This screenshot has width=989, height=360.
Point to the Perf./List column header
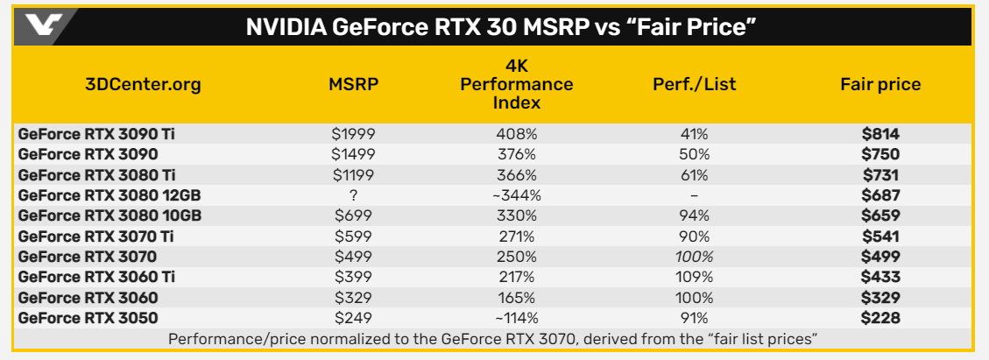coord(695,85)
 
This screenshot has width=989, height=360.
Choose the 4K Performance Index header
coord(517,85)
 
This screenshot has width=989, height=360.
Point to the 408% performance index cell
coord(517,134)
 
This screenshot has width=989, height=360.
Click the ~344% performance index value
coord(517,195)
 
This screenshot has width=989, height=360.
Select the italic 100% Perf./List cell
coord(694,257)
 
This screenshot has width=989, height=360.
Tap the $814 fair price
coord(880,134)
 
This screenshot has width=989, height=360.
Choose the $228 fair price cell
coord(880,318)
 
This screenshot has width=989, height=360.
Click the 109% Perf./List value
coord(694,277)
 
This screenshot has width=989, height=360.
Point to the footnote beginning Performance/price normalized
coord(493,338)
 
